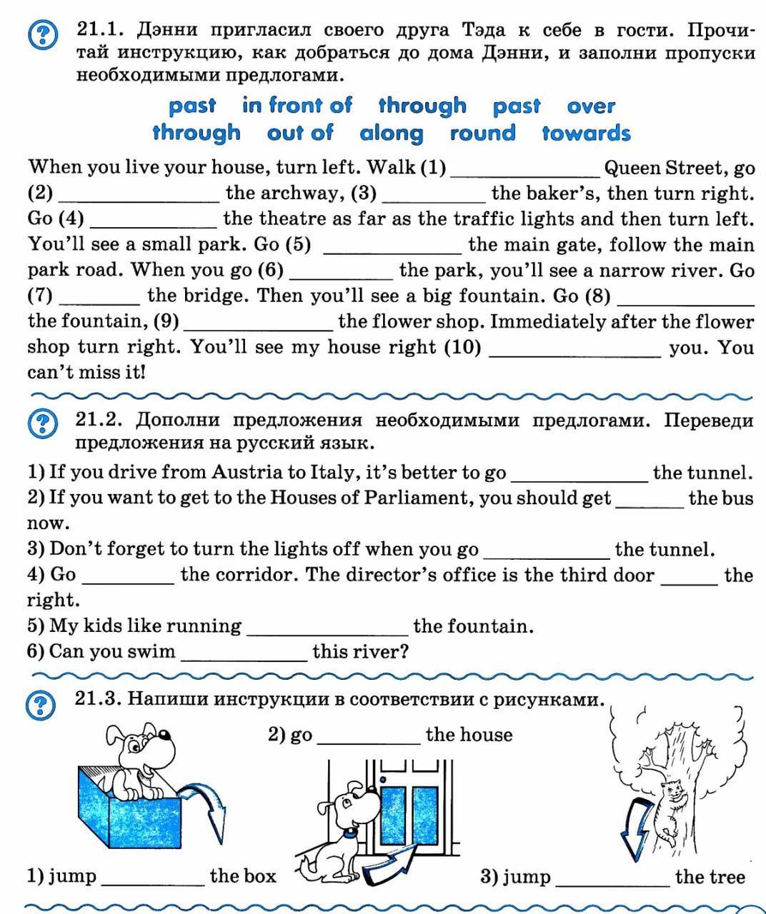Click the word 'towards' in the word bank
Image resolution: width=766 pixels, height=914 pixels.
(x=586, y=134)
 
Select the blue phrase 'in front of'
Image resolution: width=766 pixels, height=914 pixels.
(x=297, y=106)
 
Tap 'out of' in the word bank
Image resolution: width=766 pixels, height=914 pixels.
(x=300, y=134)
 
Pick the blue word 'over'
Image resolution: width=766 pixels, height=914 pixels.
(x=591, y=106)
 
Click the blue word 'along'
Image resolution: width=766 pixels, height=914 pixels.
(x=392, y=134)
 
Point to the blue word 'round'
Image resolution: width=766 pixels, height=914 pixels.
(x=482, y=134)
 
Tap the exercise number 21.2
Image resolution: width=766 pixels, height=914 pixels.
(x=100, y=420)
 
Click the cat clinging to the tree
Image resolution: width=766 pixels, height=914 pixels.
(x=672, y=807)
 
